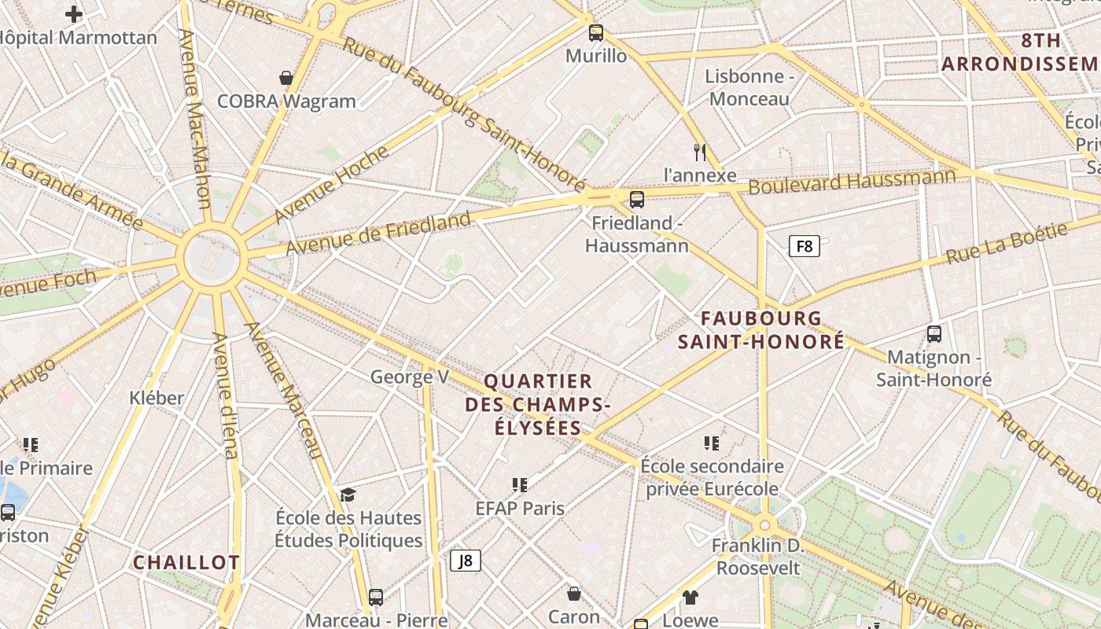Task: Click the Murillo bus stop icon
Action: click(x=596, y=33)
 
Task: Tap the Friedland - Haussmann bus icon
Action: click(x=637, y=199)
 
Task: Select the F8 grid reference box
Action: click(x=804, y=246)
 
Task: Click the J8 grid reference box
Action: click(x=465, y=561)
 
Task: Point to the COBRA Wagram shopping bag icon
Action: click(x=286, y=78)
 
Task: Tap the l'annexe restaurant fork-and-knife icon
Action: click(x=700, y=152)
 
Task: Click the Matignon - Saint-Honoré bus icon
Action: click(x=934, y=334)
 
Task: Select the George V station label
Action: click(x=409, y=377)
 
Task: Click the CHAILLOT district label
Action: click(x=186, y=563)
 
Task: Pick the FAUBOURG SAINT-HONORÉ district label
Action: click(x=761, y=330)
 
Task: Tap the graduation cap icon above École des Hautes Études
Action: click(x=348, y=495)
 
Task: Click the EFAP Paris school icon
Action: click(x=520, y=484)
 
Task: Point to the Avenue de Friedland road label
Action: click(x=378, y=233)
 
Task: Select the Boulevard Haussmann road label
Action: click(x=852, y=181)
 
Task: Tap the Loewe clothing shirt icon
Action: click(x=690, y=598)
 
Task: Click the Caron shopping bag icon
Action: click(x=574, y=593)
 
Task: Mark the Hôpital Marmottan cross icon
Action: click(x=74, y=13)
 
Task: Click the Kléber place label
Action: click(x=156, y=398)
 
